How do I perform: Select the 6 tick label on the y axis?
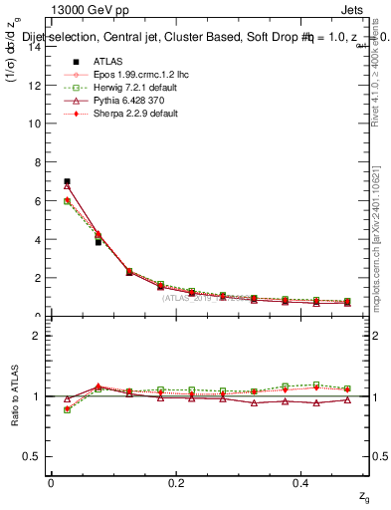(x=37, y=201)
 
